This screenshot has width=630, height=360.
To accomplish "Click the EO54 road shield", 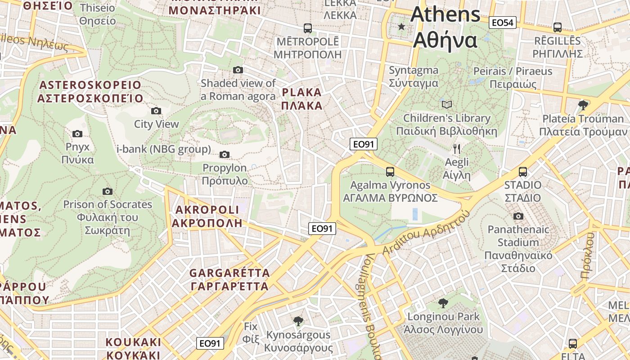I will click(x=503, y=22).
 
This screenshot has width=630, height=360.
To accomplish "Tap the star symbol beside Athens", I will click(x=401, y=27).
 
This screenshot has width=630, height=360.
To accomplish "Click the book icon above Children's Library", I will click(x=446, y=105).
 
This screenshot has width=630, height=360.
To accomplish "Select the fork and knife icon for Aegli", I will click(x=457, y=149).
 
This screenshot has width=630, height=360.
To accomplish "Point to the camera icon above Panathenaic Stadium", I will click(x=518, y=216).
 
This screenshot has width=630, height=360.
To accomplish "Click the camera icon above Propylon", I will click(x=225, y=155).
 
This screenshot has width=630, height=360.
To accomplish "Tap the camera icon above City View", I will click(x=156, y=111).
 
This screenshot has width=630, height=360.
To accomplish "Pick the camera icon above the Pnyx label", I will click(x=77, y=134).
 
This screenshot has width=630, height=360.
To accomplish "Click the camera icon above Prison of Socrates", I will click(x=107, y=192).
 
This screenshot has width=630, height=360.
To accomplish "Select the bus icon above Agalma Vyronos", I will click(x=390, y=172).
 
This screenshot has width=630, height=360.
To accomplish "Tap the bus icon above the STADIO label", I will click(x=522, y=172).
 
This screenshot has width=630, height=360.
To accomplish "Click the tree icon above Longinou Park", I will click(x=443, y=302).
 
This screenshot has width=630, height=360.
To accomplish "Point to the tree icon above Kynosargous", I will click(x=297, y=321).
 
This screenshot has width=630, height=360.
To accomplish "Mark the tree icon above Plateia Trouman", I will click(x=583, y=105).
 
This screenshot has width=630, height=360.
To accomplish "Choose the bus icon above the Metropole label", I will click(x=308, y=28).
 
